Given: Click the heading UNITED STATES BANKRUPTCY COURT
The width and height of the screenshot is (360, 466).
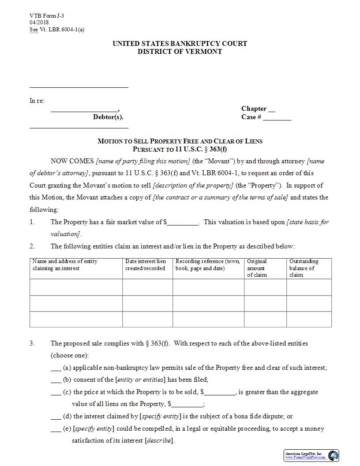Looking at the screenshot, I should (180, 43).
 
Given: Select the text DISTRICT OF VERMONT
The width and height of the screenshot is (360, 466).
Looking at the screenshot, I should (180, 51).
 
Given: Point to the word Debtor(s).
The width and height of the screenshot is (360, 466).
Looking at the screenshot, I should (108, 117).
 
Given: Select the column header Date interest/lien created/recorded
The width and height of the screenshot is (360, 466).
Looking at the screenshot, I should (146, 265).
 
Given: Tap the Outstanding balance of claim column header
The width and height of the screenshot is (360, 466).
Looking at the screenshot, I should (304, 268).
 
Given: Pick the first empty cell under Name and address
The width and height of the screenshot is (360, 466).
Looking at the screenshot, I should (76, 287).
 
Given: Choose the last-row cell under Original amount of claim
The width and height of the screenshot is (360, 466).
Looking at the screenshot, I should (265, 319).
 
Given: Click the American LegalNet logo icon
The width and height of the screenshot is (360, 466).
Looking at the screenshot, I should (333, 455).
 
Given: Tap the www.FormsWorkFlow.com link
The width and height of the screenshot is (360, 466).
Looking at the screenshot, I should (305, 458).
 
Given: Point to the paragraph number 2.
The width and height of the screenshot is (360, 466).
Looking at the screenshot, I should (32, 246).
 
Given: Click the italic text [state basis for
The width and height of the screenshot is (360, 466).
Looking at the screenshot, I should (307, 222).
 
